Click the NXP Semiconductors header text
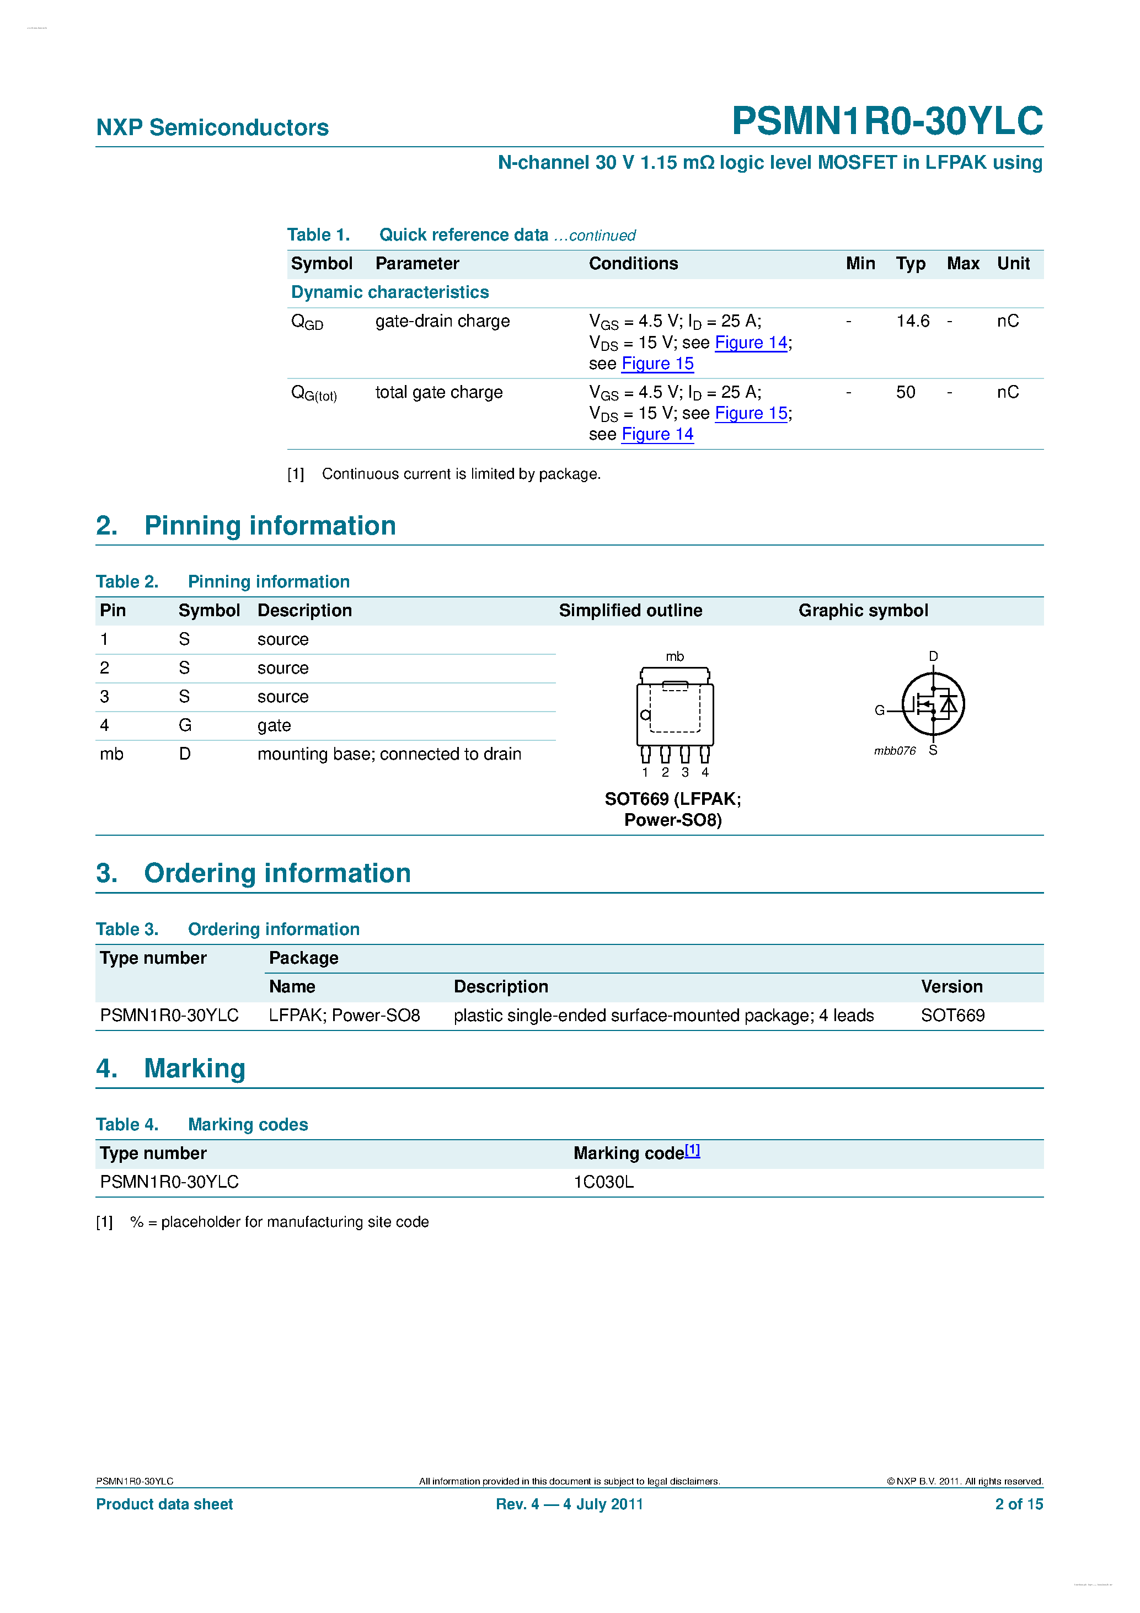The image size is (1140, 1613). tap(212, 128)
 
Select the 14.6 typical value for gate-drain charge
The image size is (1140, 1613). tap(912, 321)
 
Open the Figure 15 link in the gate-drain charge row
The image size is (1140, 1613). tap(657, 364)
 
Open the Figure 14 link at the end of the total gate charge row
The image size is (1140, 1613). tap(657, 435)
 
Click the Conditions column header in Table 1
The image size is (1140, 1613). tap(633, 264)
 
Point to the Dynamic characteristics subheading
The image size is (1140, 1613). tap(390, 292)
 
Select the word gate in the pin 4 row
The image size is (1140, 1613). tap(274, 726)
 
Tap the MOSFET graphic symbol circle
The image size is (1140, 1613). tap(933, 704)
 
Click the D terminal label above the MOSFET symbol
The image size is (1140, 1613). tap(933, 656)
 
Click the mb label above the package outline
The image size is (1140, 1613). tap(675, 656)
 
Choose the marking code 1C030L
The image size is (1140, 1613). tap(603, 1182)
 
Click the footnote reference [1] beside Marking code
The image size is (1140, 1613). tap(693, 1150)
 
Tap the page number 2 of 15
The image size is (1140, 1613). tap(1019, 1504)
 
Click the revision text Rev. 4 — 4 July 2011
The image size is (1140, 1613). tap(569, 1504)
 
